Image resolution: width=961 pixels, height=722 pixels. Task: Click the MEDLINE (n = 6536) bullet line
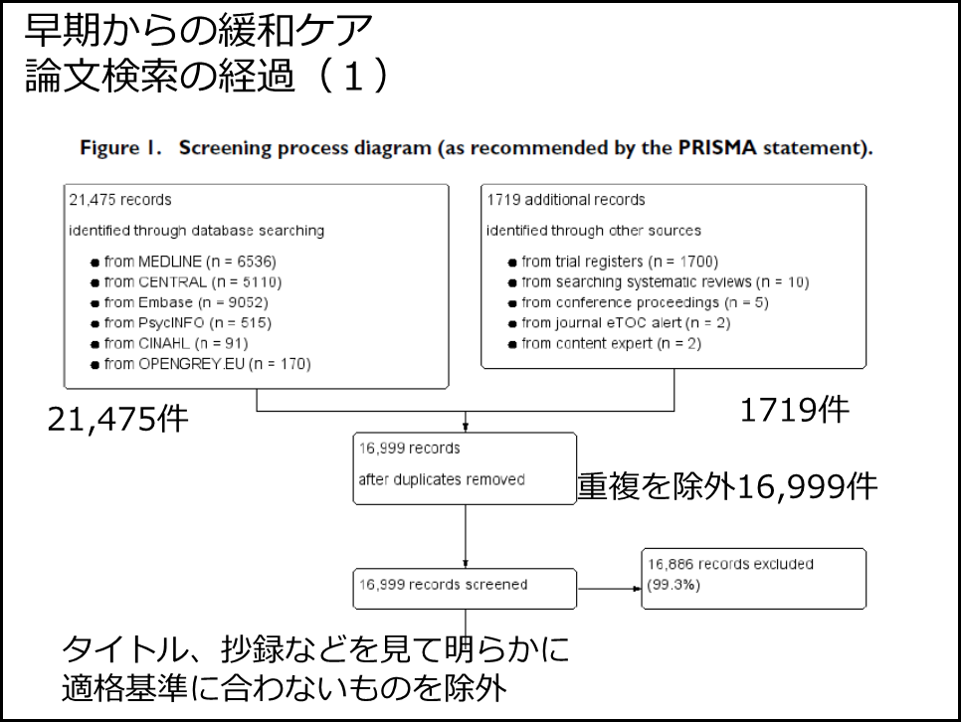pos(184,262)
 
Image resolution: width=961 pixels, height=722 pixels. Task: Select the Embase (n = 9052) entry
pos(180,302)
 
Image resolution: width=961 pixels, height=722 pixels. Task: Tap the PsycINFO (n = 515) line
pos(181,323)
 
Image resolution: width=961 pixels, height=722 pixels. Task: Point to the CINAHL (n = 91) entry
pos(169,344)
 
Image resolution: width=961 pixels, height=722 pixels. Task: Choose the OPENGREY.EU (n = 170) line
pos(201,364)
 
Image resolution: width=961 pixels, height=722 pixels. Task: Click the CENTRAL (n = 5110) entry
pos(186,282)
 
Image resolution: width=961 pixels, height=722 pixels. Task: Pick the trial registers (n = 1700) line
pos(613,262)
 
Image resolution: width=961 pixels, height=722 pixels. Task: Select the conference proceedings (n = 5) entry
pos(638,302)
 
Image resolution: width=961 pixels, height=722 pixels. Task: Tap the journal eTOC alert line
pos(619,323)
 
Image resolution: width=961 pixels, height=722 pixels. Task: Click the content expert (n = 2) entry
pos(604,344)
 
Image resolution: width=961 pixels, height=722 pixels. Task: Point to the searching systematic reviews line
pos(659,282)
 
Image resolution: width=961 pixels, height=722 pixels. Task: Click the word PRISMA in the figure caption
pos(717,148)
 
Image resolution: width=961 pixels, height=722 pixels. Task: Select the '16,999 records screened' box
pos(465,589)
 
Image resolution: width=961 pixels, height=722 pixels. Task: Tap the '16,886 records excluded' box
pos(754,579)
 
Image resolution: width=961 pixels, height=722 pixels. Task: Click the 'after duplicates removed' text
pos(442,480)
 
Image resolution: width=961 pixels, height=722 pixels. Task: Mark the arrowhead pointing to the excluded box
pos(638,589)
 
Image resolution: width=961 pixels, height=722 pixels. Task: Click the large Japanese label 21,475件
pos(117,420)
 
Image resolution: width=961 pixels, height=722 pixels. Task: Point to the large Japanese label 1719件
pos(795,410)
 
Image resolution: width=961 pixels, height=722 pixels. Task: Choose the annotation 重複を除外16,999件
pos(727,486)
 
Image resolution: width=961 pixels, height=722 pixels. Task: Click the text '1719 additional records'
pos(566,200)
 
